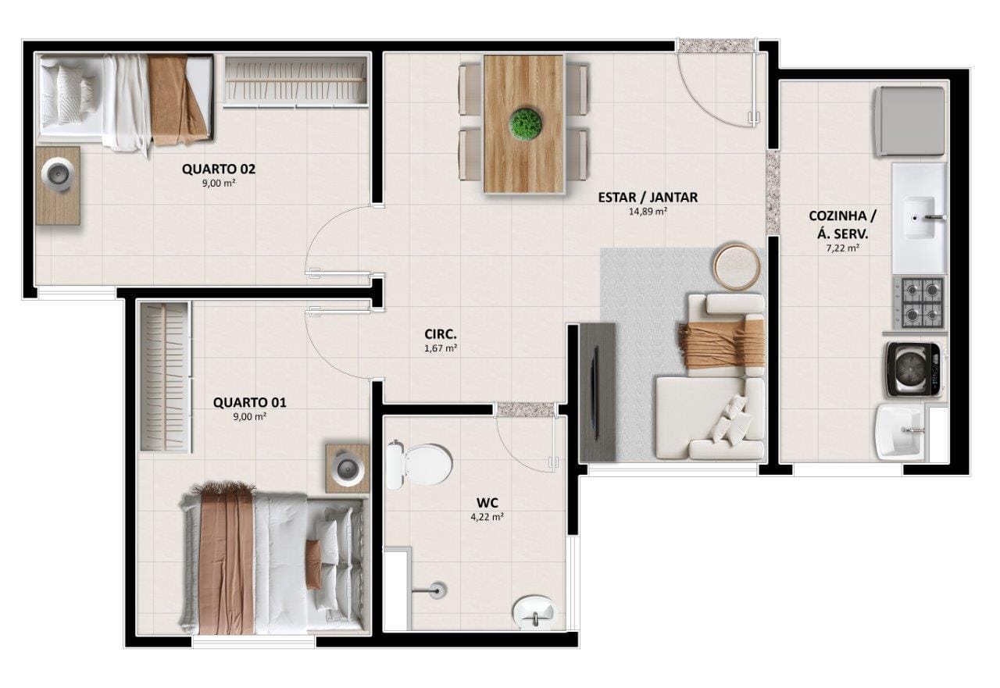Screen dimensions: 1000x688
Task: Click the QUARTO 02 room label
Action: pyautogui.click(x=218, y=169)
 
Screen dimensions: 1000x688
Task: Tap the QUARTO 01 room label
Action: pyautogui.click(x=249, y=402)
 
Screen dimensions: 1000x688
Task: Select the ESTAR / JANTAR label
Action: pyautogui.click(x=648, y=198)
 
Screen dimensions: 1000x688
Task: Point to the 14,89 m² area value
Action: pyautogui.click(x=648, y=212)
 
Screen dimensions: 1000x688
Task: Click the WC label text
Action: pyautogui.click(x=487, y=503)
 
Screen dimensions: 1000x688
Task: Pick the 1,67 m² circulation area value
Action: pyautogui.click(x=440, y=348)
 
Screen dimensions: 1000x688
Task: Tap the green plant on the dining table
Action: pyautogui.click(x=526, y=123)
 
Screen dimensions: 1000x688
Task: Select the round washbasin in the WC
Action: pyautogui.click(x=534, y=612)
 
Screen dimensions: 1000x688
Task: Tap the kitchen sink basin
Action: pyautogui.click(x=920, y=218)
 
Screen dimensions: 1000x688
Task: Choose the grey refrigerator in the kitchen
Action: pyautogui.click(x=910, y=121)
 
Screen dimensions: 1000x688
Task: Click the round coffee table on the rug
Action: pyautogui.click(x=737, y=267)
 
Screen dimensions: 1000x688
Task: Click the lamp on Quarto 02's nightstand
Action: pyautogui.click(x=58, y=175)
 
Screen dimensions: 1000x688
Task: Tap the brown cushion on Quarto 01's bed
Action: pyautogui.click(x=313, y=564)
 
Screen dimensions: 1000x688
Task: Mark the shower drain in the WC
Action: pyautogui.click(x=437, y=591)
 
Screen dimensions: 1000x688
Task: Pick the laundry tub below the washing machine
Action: pyautogui.click(x=899, y=432)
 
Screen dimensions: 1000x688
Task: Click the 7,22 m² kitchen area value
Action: pyautogui.click(x=842, y=248)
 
